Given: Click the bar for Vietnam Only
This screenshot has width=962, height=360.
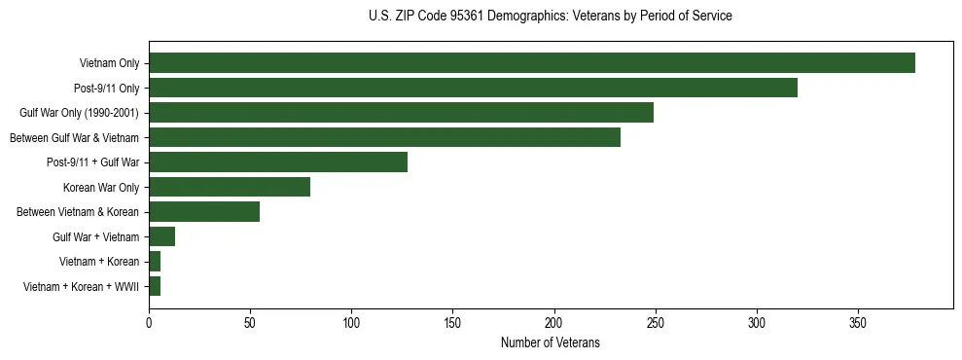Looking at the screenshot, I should tap(531, 63).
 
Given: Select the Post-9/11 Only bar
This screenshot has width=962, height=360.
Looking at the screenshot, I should tap(473, 88).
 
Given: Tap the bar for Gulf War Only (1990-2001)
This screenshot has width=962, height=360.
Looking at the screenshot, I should tap(401, 113).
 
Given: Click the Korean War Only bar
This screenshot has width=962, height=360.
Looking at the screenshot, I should tap(230, 187).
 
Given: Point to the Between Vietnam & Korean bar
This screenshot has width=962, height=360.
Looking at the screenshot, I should tap(204, 212).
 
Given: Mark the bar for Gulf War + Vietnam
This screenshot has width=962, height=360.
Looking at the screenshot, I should tap(161, 236).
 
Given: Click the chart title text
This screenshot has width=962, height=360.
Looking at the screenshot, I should tap(551, 17).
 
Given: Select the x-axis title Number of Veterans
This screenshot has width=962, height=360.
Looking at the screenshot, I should tap(551, 343).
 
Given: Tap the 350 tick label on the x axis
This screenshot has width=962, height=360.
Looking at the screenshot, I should tap(858, 323).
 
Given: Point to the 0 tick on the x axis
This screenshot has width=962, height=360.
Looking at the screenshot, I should tap(149, 323).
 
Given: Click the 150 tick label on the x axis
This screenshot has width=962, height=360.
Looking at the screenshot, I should tap(452, 323).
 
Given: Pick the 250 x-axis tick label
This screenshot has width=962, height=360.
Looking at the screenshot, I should tap(656, 323).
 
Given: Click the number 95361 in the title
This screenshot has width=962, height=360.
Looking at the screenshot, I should tap(470, 17).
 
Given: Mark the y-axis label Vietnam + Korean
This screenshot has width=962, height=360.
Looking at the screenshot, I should tap(99, 262).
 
